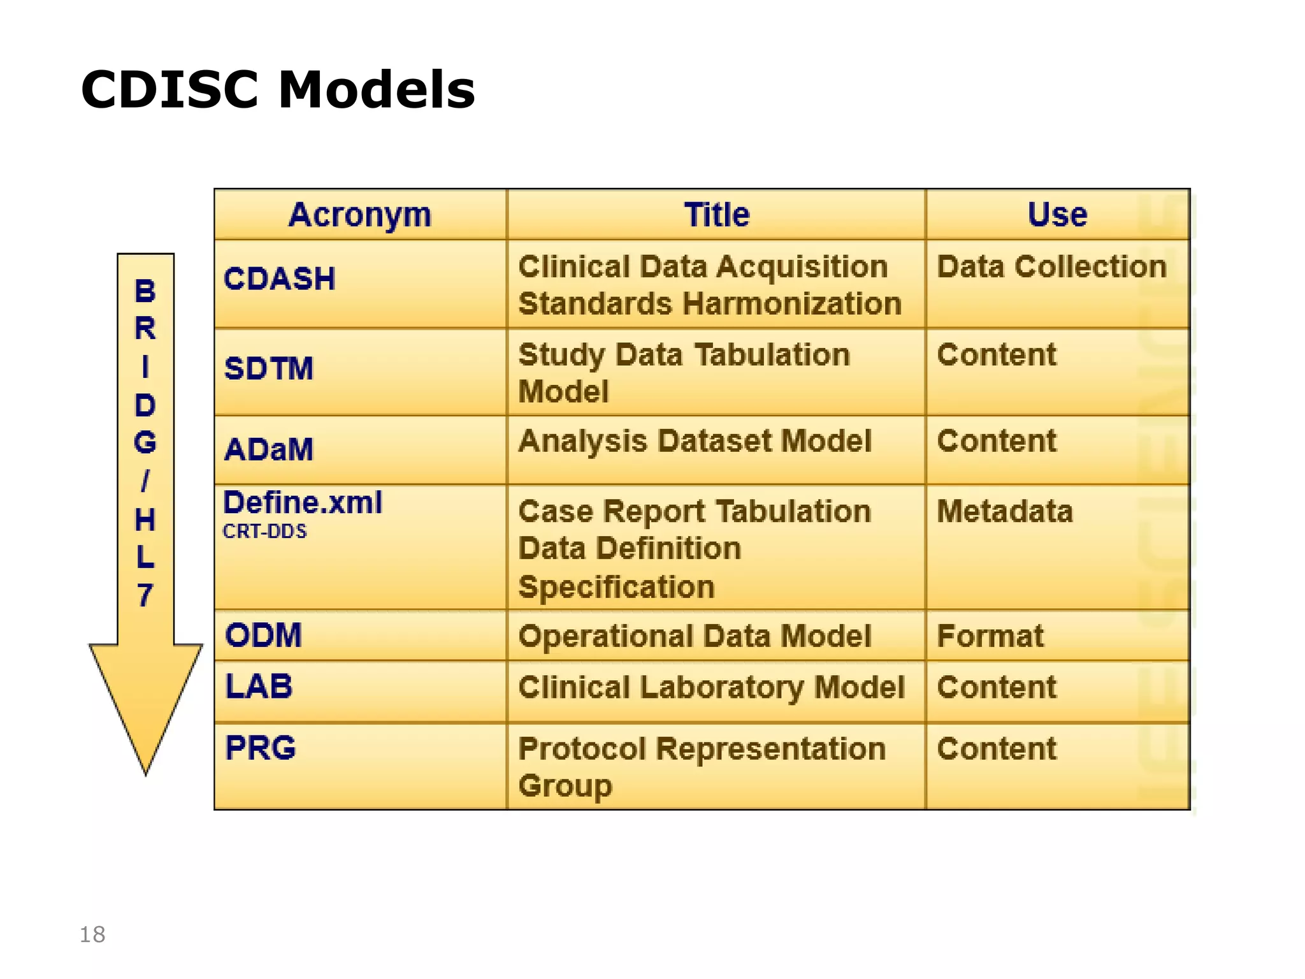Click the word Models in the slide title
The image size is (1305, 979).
coord(377,90)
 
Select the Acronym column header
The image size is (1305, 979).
coord(360,215)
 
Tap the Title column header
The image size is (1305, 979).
coord(716,215)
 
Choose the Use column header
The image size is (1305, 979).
coord(1057,215)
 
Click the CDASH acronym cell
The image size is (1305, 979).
coord(279,279)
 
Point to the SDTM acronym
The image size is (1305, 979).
coord(269,368)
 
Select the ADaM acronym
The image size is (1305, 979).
coord(269,449)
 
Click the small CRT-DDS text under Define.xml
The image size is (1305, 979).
coord(264,531)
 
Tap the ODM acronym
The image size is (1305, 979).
coord(263,635)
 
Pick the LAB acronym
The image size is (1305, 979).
coord(259,686)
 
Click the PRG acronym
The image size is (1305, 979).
coord(261,748)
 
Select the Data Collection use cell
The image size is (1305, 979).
coord(1051,266)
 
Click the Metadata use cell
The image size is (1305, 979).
coord(1005,511)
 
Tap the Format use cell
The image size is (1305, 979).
coord(990,636)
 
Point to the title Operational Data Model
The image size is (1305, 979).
coord(695,636)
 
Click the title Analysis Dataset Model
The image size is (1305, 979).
coord(695,441)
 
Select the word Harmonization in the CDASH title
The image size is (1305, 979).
coord(792,303)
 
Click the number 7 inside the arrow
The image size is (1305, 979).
coord(145,595)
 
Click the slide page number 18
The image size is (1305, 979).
coord(92,934)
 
